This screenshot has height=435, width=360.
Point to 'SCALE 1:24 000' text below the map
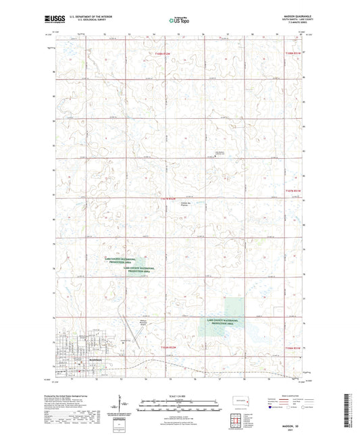[x=180, y=396]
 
